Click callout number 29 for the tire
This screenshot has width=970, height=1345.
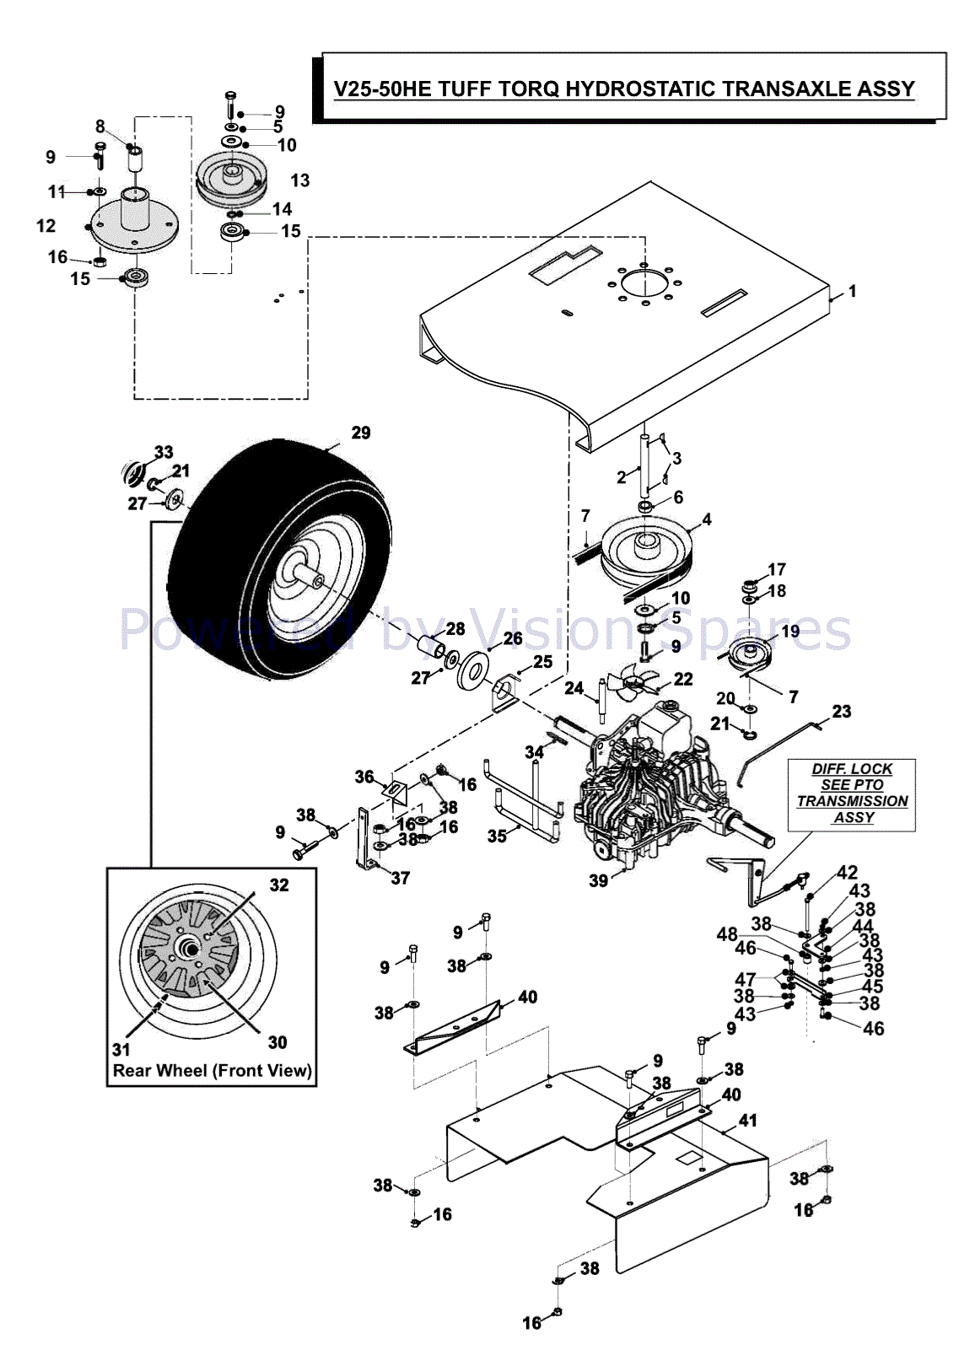tap(361, 433)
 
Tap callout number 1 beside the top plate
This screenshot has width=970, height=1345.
tap(853, 291)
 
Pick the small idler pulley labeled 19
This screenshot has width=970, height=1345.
tap(750, 654)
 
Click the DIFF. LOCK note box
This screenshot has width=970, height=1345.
tap(852, 794)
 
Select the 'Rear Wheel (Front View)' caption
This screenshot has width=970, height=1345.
tap(212, 1071)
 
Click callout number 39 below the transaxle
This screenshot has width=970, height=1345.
tap(598, 880)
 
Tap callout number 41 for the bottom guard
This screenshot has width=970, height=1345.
tap(748, 1120)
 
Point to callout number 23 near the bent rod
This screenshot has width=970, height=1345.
tap(842, 712)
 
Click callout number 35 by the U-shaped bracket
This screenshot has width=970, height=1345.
tap(497, 836)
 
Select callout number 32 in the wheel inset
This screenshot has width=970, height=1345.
tap(279, 885)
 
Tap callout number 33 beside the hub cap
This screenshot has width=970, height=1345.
tap(164, 452)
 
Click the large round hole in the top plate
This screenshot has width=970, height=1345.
tap(644, 284)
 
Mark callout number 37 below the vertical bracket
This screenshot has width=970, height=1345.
tap(401, 878)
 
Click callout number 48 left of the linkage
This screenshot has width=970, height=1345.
tap(727, 933)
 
